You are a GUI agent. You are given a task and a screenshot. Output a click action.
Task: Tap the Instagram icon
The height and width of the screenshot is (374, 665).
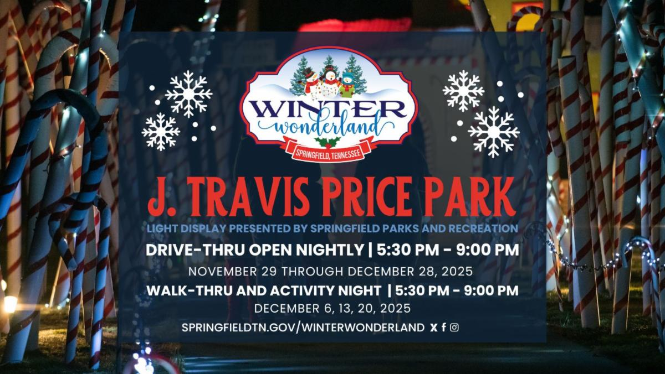point(454,327)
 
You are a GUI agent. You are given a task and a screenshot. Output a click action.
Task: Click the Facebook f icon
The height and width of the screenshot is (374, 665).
point(444,327)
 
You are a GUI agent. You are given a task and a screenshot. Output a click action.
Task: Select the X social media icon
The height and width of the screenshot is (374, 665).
point(433,327)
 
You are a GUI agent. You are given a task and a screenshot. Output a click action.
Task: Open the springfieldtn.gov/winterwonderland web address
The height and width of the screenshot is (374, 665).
point(303,328)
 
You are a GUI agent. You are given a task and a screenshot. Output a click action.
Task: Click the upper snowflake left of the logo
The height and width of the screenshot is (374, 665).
point(188,94)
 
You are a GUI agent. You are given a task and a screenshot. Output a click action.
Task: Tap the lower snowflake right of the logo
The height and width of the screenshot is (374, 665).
point(493,132)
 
